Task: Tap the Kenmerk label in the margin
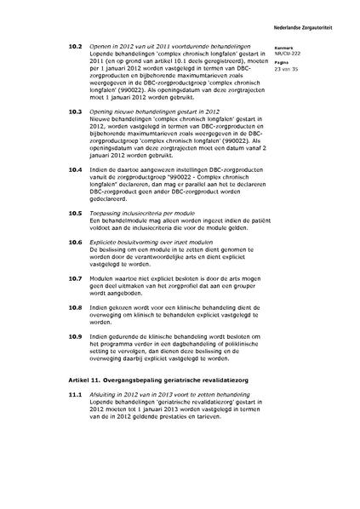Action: point(283,49)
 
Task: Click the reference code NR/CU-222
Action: point(289,55)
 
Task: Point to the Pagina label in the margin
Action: point(283,62)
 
